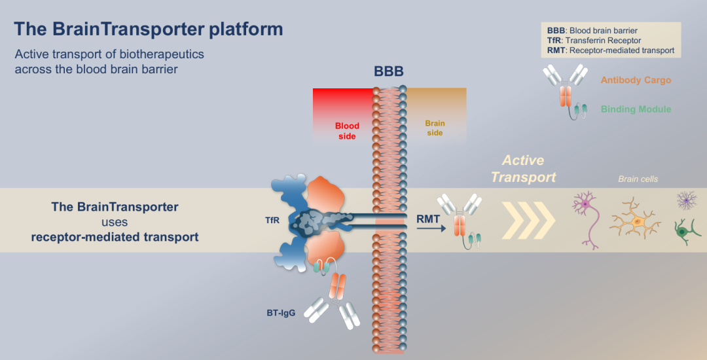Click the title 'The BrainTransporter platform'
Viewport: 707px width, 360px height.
[x=149, y=29]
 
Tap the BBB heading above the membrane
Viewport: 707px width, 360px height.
[x=389, y=71]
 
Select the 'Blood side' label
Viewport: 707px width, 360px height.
[x=347, y=131]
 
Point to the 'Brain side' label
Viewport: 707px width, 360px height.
[x=435, y=128]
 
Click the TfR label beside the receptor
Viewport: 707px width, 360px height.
[x=272, y=221]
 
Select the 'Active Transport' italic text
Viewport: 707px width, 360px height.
[x=523, y=168]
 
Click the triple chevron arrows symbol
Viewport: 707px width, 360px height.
[x=528, y=219]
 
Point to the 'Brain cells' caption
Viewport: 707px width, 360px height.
[x=638, y=179]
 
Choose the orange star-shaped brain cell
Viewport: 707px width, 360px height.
[x=634, y=223]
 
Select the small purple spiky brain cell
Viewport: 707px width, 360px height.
[x=686, y=200]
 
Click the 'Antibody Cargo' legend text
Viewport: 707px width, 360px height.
[x=636, y=81]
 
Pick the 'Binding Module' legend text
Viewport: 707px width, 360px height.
[x=636, y=109]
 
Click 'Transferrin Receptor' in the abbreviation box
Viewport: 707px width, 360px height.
[x=604, y=41]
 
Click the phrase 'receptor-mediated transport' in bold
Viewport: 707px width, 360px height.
[x=115, y=237]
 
